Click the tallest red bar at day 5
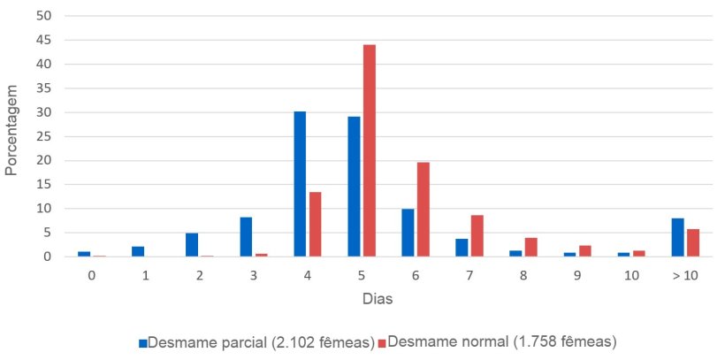[369, 150]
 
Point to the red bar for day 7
[477, 236]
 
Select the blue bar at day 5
[355, 187]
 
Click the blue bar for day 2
[192, 245]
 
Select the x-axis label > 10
[684, 275]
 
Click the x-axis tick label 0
[92, 275]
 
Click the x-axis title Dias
[378, 299]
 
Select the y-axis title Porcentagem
[11, 129]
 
